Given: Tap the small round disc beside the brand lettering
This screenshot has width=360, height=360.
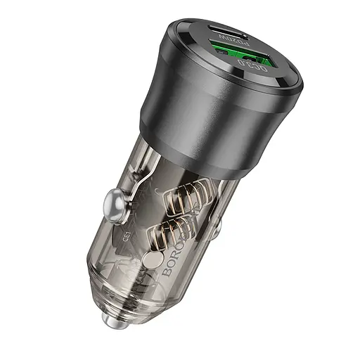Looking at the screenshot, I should [x=150, y=260].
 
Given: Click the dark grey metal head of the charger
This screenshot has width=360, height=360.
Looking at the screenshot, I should [x=190, y=120].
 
